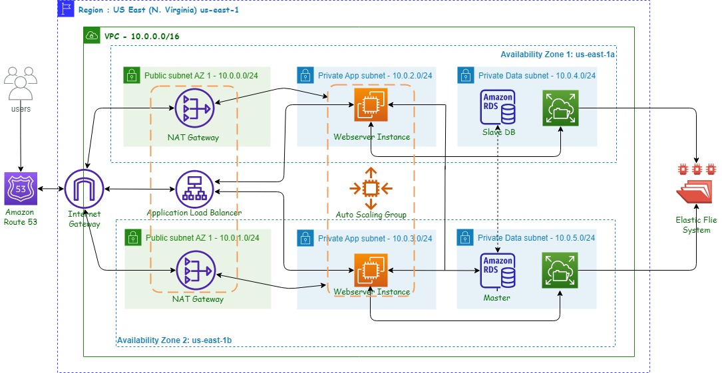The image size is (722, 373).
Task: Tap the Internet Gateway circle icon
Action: coord(84,189)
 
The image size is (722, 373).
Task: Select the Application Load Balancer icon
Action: coord(194,189)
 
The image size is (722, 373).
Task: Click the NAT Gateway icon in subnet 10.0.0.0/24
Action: coord(194,108)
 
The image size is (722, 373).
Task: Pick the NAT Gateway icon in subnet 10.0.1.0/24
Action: coord(194,271)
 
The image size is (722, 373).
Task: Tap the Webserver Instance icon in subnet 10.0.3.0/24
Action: coord(369,271)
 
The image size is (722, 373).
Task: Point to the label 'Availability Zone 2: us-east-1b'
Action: coord(174,340)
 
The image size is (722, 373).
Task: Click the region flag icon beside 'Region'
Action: coord(66,9)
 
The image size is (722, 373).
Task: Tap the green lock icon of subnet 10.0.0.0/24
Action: coord(132,75)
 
